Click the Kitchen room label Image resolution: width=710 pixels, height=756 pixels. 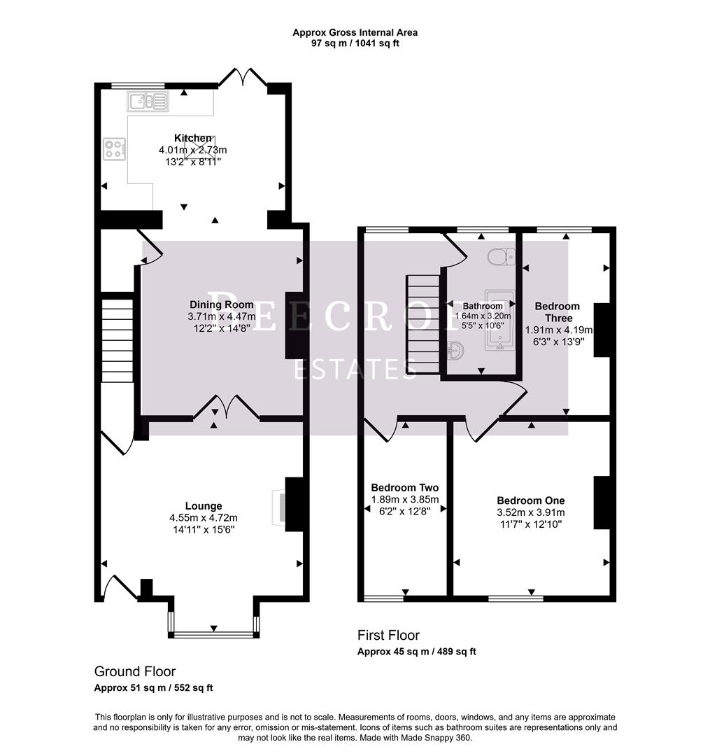pos(193,138)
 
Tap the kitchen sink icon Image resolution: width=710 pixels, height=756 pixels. pos(148,103)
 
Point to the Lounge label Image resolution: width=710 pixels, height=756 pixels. pos(204,505)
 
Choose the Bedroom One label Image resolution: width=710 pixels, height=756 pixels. pos(530,500)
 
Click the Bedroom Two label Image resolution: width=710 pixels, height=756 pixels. pos(404,487)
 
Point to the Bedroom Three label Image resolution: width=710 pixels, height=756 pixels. pos(558,312)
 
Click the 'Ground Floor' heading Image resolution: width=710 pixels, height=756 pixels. pos(135,671)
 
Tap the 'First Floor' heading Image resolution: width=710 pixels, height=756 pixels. pos(388,635)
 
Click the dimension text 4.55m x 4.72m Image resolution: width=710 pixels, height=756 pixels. pos(204,518)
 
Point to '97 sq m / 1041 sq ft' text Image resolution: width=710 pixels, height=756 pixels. pos(355,43)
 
